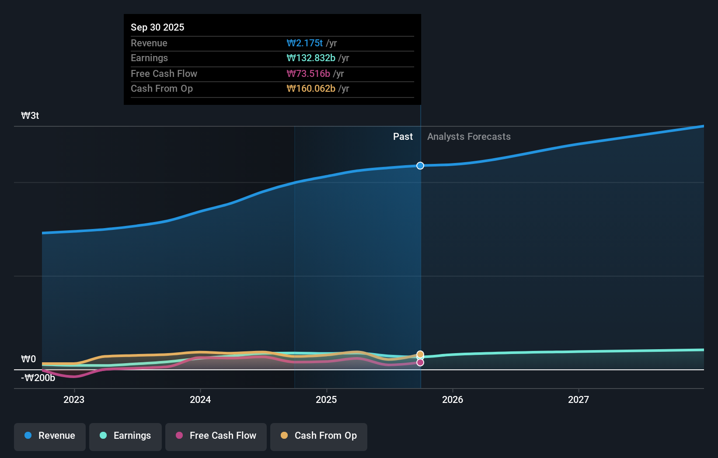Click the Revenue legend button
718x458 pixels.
50,436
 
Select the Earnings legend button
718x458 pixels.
125,436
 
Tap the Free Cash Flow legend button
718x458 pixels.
216,436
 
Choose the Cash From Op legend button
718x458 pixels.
319,436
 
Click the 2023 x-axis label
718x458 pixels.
74,399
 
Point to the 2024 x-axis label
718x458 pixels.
200,399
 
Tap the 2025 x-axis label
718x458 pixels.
326,399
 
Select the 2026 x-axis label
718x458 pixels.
453,399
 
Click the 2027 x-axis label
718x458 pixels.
579,399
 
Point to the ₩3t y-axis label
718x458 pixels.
30,116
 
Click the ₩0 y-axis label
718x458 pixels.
28,359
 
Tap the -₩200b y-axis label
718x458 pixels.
38,378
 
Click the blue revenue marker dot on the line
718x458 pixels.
420,166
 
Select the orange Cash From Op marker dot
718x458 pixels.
420,354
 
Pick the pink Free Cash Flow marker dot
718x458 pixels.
420,362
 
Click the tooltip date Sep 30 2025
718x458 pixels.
157,27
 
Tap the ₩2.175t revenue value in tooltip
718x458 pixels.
305,43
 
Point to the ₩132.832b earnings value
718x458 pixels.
311,58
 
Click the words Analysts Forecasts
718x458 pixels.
469,137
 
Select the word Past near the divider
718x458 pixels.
403,137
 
